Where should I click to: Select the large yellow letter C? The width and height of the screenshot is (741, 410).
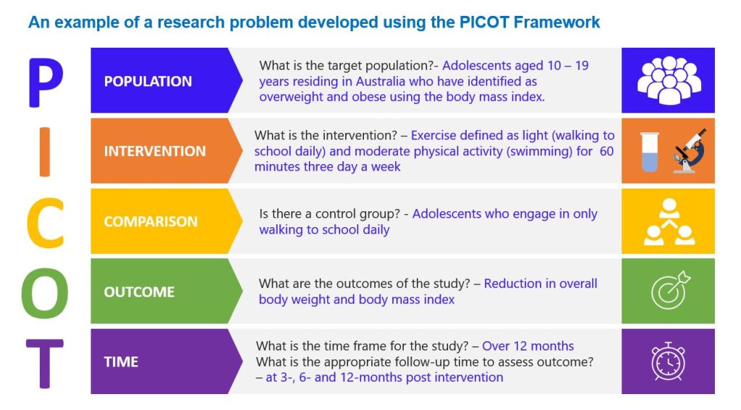(x=45, y=221)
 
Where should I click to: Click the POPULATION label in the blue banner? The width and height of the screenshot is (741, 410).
(x=148, y=81)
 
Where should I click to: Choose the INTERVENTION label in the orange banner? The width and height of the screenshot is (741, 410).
(x=154, y=151)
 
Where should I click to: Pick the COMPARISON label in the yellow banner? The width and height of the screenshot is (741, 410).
(x=151, y=222)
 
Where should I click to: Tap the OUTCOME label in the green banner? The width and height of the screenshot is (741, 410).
(x=139, y=292)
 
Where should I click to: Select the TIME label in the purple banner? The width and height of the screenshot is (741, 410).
(x=121, y=362)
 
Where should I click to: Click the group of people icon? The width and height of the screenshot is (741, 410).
(x=668, y=80)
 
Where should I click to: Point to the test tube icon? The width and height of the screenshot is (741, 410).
(x=650, y=152)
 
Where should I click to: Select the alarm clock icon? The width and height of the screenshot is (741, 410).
(x=668, y=362)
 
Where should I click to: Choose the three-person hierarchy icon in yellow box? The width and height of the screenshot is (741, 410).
(x=668, y=221)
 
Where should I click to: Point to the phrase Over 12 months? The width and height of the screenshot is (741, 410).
(x=528, y=346)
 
